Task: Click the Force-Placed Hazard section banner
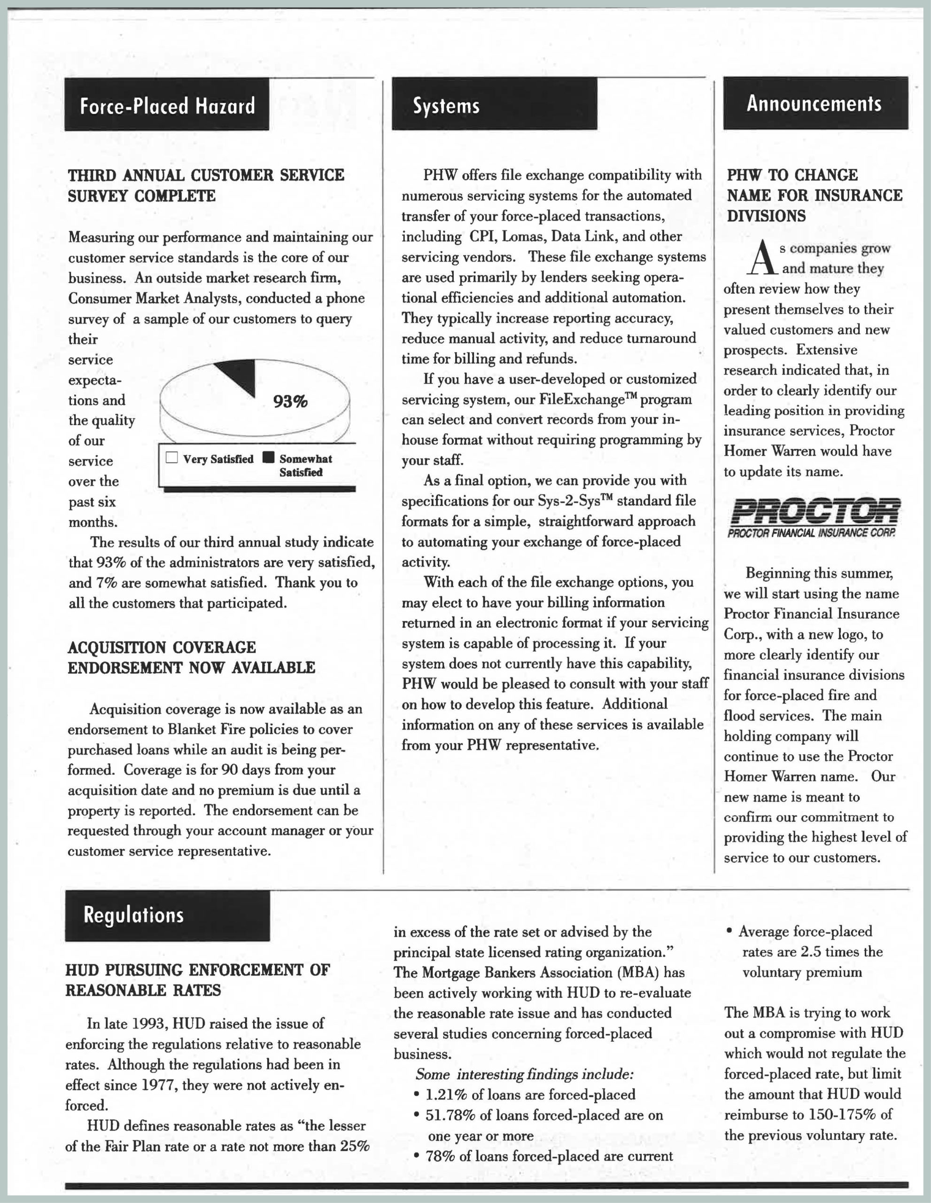tap(167, 105)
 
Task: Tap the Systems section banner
tap(494, 104)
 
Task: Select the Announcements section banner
tap(815, 103)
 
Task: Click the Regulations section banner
tap(167, 915)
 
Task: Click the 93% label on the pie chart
tap(290, 402)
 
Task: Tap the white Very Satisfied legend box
tap(172, 458)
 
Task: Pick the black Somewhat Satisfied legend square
tap(268, 458)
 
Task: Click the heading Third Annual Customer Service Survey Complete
tap(205, 186)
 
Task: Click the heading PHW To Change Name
tap(815, 195)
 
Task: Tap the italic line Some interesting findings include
tap(525, 1074)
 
